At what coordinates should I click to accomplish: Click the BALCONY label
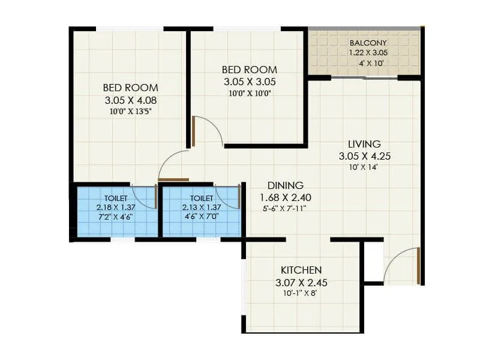pyautogui.click(x=368, y=43)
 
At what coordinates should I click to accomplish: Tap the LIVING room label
pyautogui.click(x=364, y=144)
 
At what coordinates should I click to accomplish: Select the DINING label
pyautogui.click(x=285, y=185)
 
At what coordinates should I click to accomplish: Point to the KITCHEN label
pyautogui.click(x=301, y=270)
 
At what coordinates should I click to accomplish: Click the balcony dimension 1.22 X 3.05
pyautogui.click(x=368, y=52)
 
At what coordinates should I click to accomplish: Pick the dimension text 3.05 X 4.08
pyautogui.click(x=130, y=100)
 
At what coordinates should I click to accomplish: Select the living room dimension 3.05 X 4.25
pyautogui.click(x=364, y=157)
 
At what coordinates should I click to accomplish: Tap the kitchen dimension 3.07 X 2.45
pyautogui.click(x=301, y=282)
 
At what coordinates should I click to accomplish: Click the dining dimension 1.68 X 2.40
pyautogui.click(x=285, y=197)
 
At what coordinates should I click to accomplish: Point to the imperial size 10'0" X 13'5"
pyautogui.click(x=130, y=110)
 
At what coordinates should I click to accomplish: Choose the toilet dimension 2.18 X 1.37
pyautogui.click(x=116, y=206)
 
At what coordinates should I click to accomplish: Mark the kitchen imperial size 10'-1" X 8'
pyautogui.click(x=301, y=293)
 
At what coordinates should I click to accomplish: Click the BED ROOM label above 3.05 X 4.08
pyautogui.click(x=130, y=88)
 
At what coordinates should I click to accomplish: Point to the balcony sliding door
pyautogui.click(x=364, y=77)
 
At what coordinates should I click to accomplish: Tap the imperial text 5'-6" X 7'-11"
pyautogui.click(x=285, y=208)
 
